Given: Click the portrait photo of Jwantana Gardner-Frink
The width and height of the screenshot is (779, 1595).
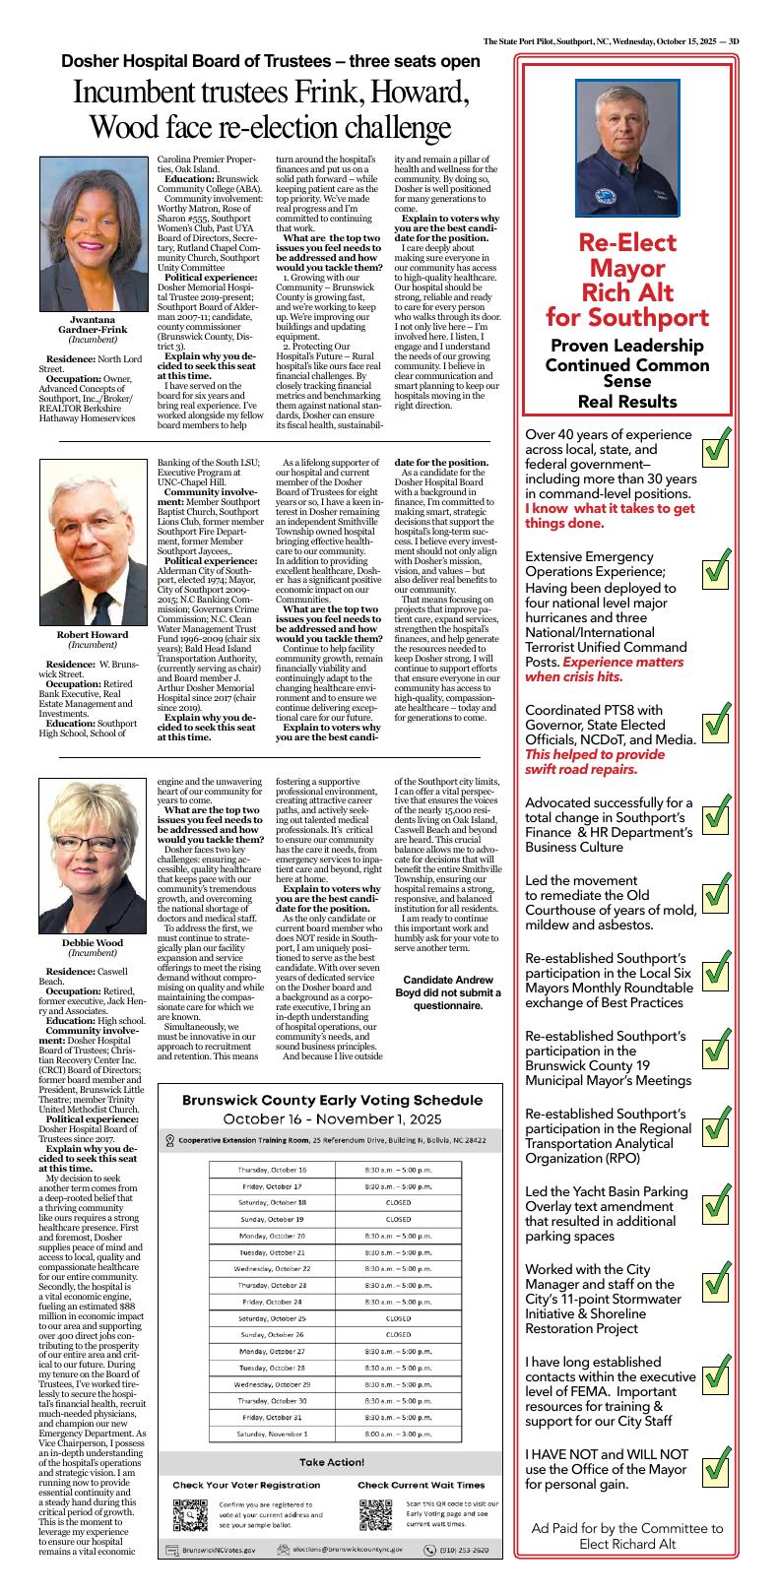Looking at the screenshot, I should (x=97, y=231).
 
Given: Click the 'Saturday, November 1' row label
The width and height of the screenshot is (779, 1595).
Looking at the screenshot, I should (x=272, y=1435).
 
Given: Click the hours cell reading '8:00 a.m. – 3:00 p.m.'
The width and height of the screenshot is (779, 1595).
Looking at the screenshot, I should (x=398, y=1435).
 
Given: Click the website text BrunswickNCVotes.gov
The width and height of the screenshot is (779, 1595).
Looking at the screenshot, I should (x=218, y=1550).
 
